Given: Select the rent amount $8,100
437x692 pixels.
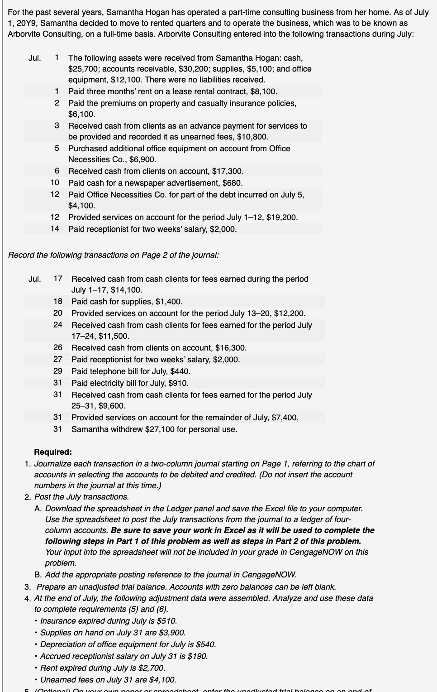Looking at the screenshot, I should coord(263,91).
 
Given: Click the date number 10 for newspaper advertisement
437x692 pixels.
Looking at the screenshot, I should coord(55,183).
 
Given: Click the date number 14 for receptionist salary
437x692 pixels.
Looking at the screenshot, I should coord(55,229).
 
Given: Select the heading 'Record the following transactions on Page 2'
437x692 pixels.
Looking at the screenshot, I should coord(114,255).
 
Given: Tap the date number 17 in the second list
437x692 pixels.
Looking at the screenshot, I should coord(57,279).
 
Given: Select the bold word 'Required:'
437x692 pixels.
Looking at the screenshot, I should coord(53,452).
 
